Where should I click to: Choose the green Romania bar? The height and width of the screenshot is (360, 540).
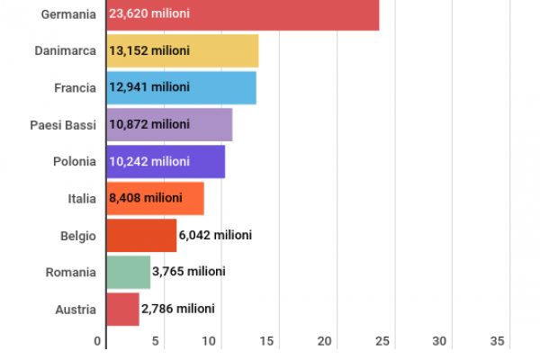click(128, 271)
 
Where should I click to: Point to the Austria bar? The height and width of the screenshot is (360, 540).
click(122, 309)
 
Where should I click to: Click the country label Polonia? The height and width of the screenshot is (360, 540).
click(75, 161)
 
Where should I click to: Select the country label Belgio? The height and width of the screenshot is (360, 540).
click(76, 235)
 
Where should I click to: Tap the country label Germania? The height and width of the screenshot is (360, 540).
click(69, 14)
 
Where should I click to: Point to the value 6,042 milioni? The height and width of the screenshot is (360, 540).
click(215, 235)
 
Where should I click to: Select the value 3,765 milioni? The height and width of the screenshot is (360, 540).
click(189, 271)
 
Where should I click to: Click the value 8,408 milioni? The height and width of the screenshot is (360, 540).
click(145, 198)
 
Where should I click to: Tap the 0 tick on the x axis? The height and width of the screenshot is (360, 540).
click(98, 341)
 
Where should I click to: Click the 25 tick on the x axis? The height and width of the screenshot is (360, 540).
click(382, 341)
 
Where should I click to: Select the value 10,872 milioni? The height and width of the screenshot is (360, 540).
click(149, 123)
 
